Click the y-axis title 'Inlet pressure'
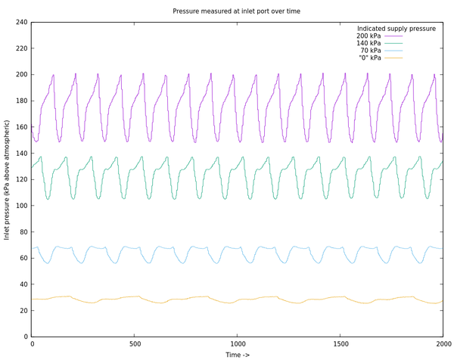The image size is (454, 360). [8, 179]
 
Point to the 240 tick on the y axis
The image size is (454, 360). [22, 23]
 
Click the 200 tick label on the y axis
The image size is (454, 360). [22, 75]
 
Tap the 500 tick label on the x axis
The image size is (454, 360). [135, 343]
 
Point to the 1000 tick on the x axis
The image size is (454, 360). [237, 343]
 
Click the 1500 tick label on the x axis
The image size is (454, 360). [340, 343]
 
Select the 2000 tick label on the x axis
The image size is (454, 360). [443, 343]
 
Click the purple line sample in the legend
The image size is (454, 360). [393, 36]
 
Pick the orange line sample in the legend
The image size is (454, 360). [393, 58]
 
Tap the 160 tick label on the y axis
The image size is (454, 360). [22, 127]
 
